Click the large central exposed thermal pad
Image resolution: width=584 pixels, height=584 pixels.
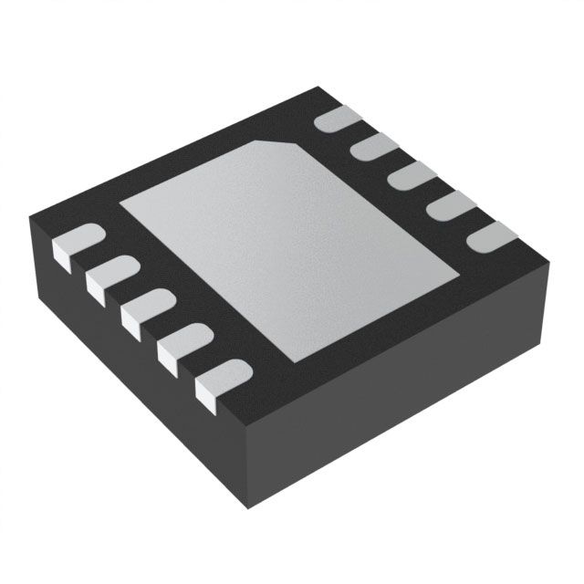click(x=287, y=237)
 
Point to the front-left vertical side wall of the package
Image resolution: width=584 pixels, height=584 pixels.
click(x=137, y=383)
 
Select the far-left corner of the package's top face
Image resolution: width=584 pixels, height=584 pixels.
click(x=29, y=215)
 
